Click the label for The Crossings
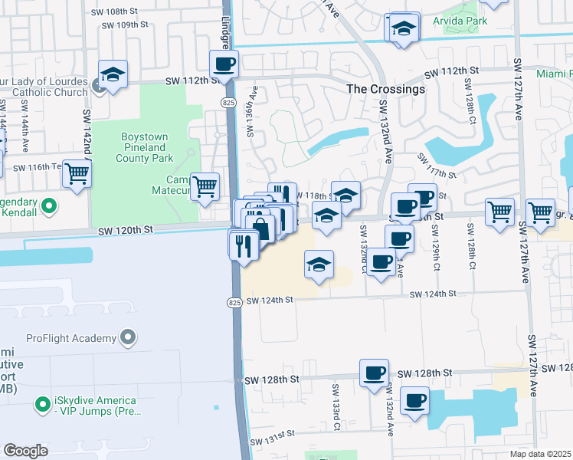point(385,89)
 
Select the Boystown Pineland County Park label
point(145,147)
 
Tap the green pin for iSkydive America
point(43,402)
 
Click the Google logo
point(25,450)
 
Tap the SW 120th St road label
point(126,229)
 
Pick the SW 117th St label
point(437,166)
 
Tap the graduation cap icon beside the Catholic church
point(113,75)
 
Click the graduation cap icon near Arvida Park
point(402,28)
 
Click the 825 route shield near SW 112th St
point(229,102)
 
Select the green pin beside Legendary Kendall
point(50,205)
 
